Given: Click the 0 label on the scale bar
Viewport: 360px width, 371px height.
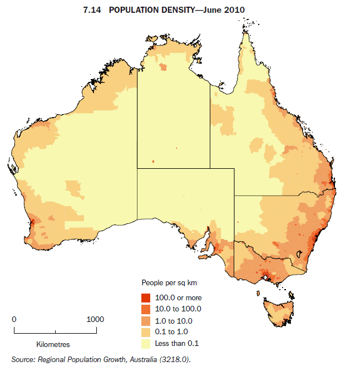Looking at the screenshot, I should click(14, 320).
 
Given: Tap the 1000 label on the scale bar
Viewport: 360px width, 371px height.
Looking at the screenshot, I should click(95, 320).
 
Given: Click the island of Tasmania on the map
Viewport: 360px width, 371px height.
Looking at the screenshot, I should click(278, 313).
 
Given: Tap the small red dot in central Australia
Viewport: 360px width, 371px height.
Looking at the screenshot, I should click(152, 162).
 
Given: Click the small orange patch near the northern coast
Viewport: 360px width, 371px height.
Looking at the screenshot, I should click(163, 67).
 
